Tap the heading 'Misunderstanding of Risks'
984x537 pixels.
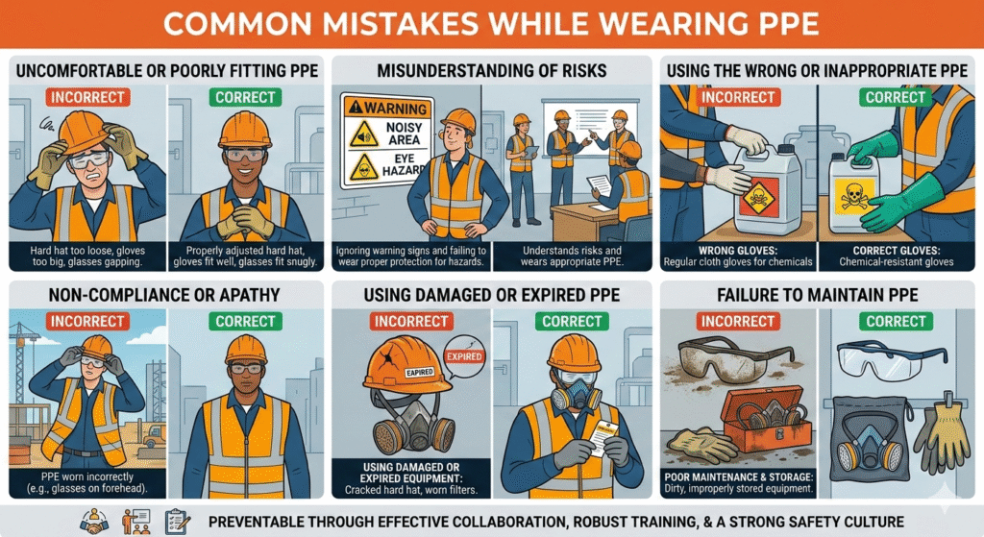coord(492,70)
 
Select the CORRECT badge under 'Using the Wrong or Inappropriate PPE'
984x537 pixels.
coord(896,97)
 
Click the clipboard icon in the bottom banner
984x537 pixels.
coord(179,521)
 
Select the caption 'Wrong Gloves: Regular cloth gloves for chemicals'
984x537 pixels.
coord(737,255)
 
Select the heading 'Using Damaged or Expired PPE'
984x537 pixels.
coord(492,294)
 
